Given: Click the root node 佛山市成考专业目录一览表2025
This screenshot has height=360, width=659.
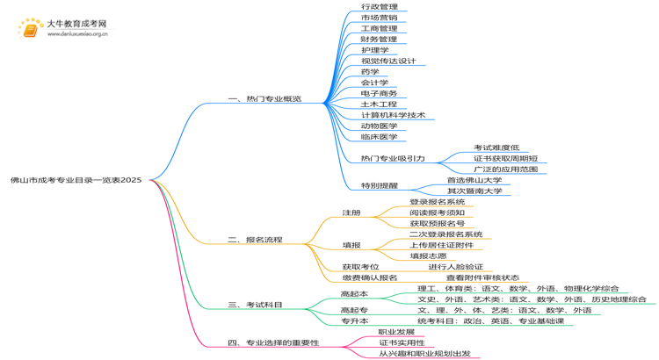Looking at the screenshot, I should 76,180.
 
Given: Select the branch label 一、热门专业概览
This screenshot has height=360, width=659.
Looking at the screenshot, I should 264,99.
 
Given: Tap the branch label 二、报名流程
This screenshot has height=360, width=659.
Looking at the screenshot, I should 255,240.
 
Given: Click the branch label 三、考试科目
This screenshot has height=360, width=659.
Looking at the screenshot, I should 255,305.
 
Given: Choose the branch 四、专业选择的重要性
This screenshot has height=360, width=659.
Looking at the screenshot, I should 273,342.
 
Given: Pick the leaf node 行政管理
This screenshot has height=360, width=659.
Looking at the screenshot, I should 379,7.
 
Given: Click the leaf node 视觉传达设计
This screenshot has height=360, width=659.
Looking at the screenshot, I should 388,61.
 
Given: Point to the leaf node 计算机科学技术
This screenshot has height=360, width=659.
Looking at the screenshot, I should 393,115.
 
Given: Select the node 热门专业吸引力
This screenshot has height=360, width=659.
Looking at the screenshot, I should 392,159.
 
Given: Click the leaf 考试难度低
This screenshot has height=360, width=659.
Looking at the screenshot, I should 496,148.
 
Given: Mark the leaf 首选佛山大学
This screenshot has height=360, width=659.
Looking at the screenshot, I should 474,180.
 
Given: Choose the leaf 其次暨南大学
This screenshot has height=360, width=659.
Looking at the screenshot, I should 474,191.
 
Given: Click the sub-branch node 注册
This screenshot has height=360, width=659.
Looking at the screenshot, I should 351,213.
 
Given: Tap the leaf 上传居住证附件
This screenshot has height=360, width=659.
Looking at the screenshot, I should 441,245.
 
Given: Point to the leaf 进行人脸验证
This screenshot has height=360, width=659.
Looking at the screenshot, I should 455,267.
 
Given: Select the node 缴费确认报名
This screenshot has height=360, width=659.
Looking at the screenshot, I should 370,277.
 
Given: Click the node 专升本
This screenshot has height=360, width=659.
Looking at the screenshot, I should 354,321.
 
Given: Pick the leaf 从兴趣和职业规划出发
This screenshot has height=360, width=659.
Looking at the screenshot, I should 424,354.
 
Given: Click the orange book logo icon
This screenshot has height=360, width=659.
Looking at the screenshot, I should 32,30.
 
